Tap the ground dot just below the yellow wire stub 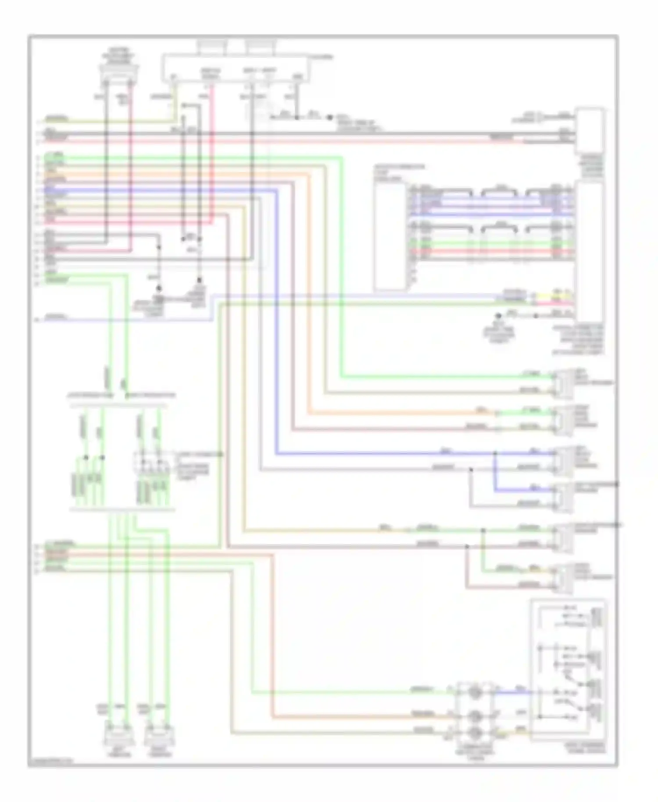[499, 315]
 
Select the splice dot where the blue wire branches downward [495, 452]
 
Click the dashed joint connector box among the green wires [151, 462]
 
